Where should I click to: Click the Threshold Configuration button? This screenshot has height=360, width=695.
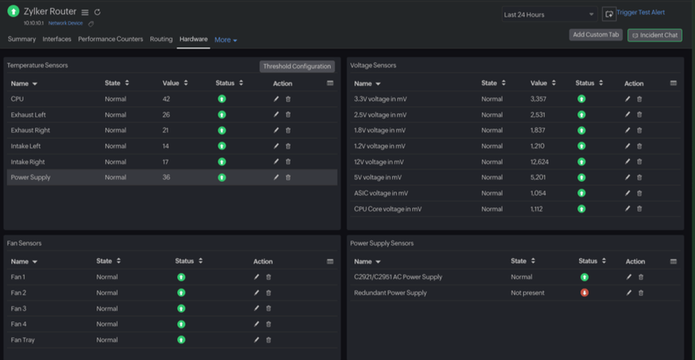coord(297,66)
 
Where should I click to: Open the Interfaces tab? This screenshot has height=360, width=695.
coord(57,40)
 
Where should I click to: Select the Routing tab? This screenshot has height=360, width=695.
coord(161,40)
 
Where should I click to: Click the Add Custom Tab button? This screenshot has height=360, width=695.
coord(596,35)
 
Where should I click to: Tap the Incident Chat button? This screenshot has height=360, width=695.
coord(655,35)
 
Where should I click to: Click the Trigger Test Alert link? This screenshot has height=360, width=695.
coord(641,13)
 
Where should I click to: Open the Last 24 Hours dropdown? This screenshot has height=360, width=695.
coord(549,14)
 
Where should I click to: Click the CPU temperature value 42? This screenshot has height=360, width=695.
coord(166,99)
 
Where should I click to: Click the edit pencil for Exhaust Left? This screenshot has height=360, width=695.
coord(276,115)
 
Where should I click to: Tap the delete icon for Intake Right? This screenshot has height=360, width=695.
coord(288,162)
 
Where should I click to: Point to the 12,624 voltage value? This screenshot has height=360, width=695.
coord(540,162)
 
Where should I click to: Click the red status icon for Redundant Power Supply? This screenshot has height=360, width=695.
coord(584,292)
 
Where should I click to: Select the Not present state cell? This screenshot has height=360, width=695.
coord(527,292)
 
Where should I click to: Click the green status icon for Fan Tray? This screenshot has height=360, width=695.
coord(182,340)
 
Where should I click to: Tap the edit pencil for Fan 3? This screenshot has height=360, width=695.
coord(256,308)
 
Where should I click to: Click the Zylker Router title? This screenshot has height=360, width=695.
coord(50,11)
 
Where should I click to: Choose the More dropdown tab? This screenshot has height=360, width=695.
coord(226,40)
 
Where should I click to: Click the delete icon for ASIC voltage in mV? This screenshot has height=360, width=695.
coord(639,193)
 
